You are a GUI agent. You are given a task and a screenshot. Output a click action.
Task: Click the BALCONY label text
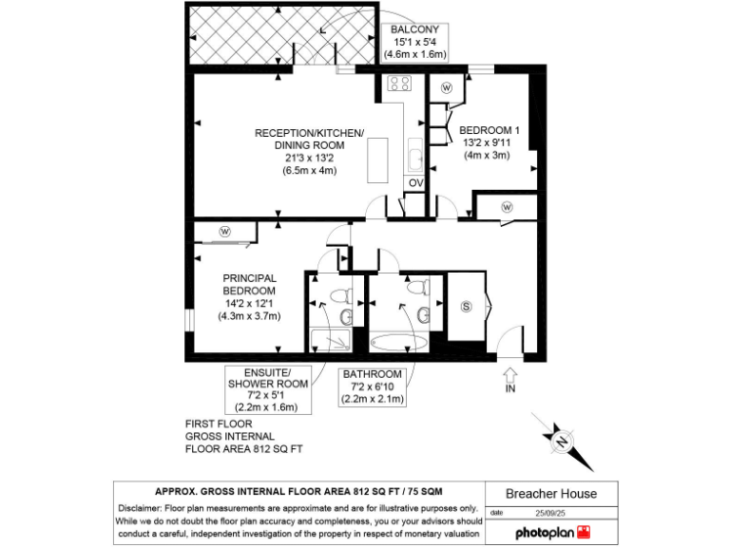413,29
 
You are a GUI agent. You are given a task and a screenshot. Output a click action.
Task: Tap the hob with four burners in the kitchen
398,84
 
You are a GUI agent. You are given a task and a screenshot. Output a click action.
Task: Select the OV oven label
415,182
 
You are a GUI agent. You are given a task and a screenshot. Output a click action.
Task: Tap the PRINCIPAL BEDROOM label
249,284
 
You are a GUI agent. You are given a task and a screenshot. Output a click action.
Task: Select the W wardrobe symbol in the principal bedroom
225,231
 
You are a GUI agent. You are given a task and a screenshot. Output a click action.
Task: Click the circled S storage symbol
466,306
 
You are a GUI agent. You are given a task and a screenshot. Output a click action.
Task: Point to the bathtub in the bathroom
398,342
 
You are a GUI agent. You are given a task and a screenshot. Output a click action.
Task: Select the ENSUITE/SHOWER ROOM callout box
268,389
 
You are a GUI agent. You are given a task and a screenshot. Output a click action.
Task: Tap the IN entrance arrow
509,377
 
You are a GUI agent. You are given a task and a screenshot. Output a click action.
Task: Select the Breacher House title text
550,494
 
